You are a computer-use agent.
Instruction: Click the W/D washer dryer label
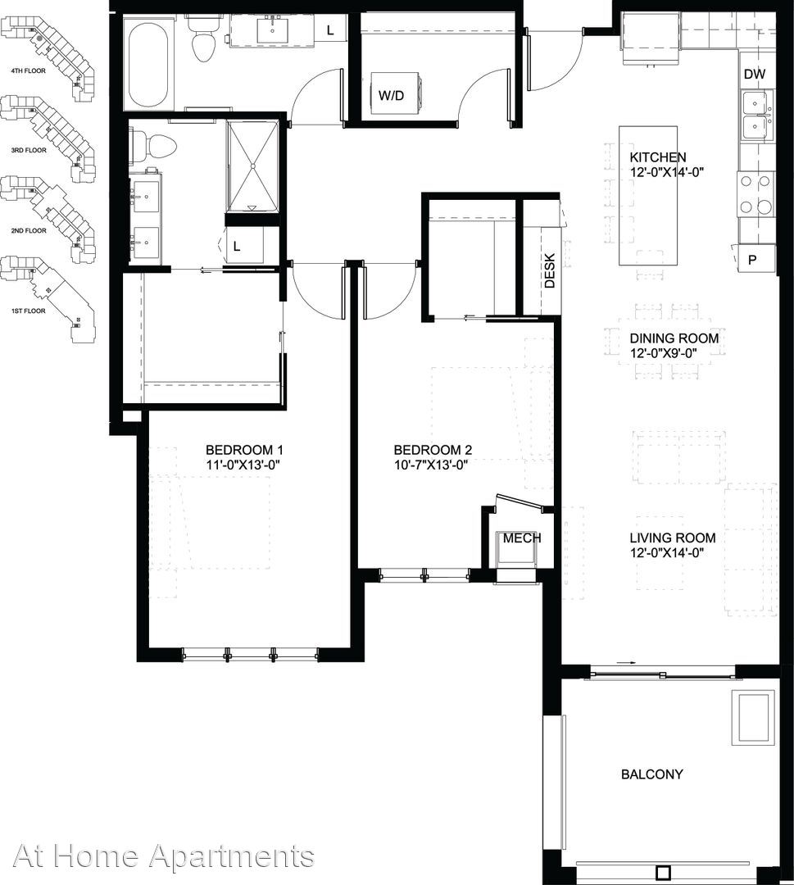click(391, 95)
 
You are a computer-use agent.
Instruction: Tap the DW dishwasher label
click(755, 74)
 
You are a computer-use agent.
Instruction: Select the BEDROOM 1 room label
click(244, 450)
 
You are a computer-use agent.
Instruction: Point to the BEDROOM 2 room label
click(433, 450)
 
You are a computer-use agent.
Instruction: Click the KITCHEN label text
click(658, 157)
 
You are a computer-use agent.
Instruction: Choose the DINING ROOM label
click(674, 338)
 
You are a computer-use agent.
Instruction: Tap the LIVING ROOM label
click(672, 538)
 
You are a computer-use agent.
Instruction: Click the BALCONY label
click(651, 774)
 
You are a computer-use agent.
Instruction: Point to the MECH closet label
click(522, 538)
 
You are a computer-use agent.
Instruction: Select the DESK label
click(550, 270)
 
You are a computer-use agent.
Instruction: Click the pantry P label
click(752, 261)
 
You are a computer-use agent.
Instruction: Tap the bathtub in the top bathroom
click(148, 61)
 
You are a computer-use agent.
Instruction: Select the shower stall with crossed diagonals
click(253, 166)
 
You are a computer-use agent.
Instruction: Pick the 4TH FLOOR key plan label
click(28, 71)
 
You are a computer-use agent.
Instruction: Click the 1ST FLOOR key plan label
click(28, 311)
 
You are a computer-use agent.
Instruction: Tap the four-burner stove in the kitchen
click(755, 194)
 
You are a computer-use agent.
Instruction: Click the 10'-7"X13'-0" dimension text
click(431, 465)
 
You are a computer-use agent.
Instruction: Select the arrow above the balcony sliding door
click(626, 662)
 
